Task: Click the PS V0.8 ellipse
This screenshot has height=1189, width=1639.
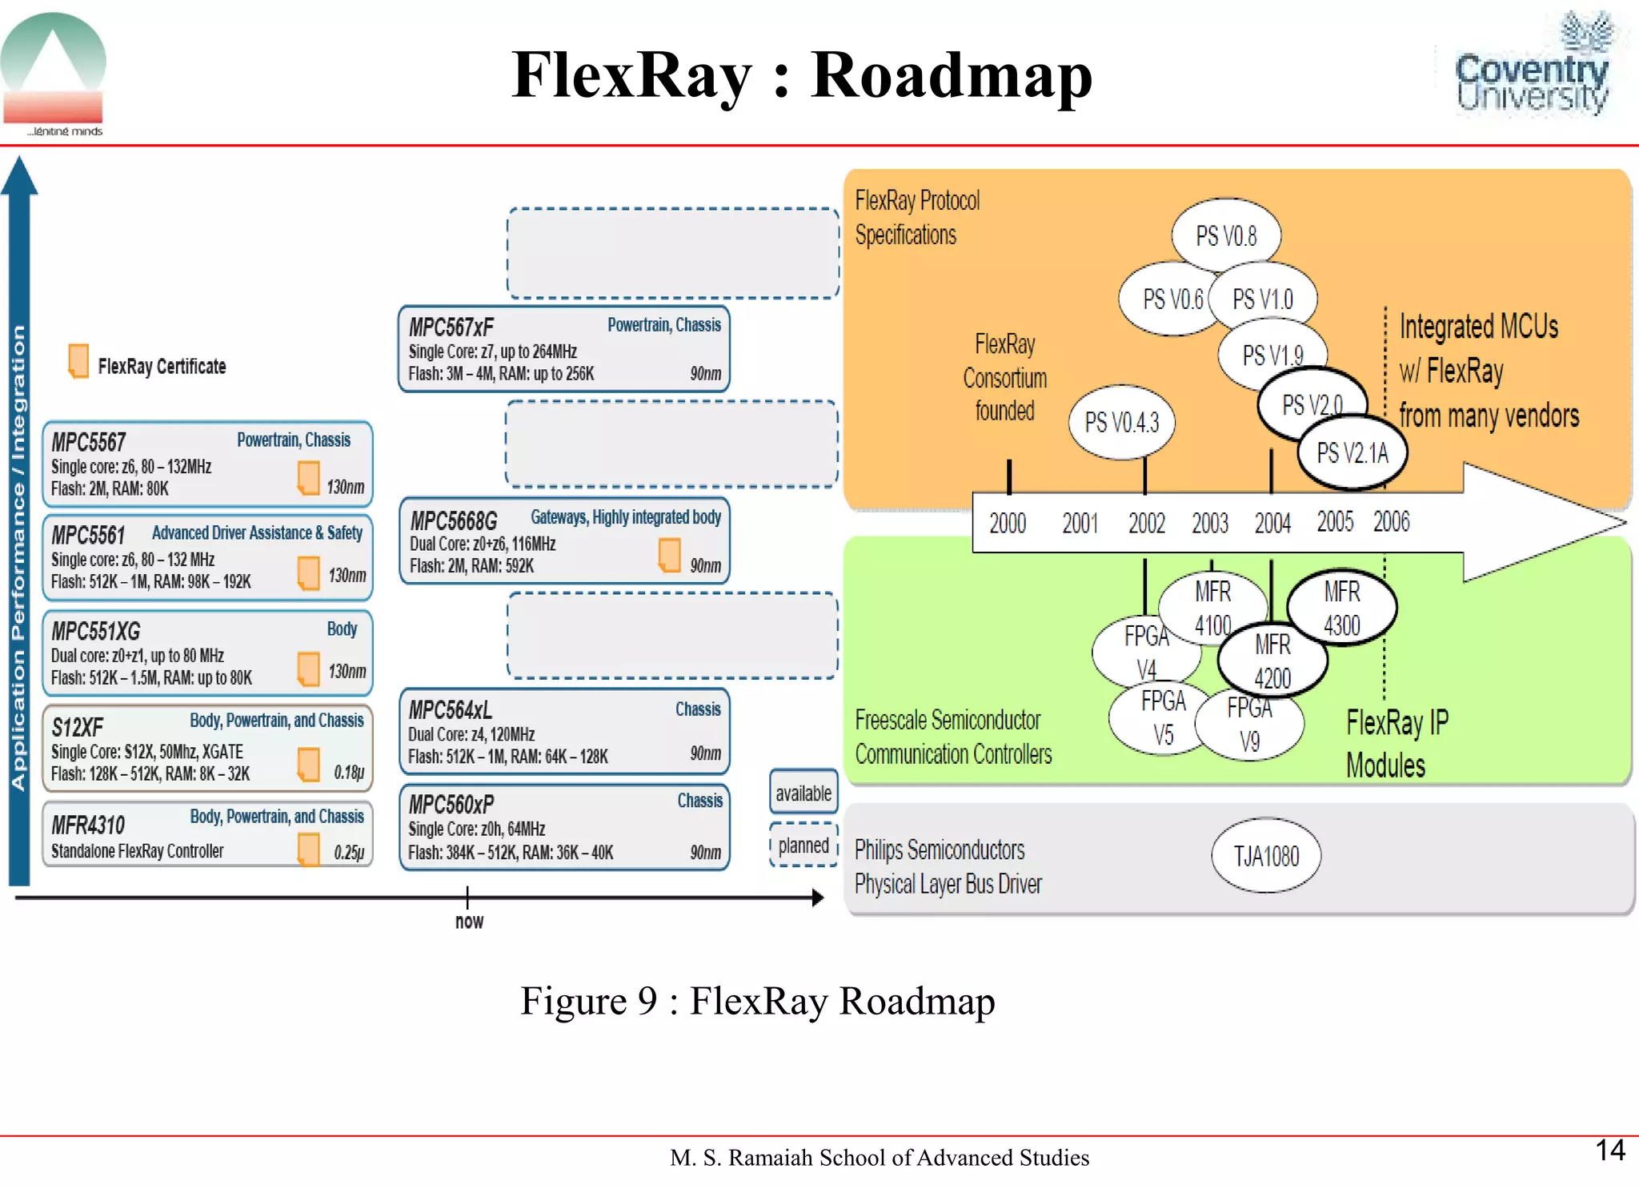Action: coord(1226,235)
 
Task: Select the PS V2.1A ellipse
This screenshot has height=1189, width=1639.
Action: coord(1352,453)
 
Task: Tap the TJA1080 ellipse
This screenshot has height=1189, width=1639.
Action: coord(1266,856)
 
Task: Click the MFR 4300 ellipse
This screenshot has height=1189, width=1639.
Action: coord(1342,608)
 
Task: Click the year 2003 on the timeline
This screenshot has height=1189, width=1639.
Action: coord(1209,524)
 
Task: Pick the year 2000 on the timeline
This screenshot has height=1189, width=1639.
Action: coord(1007,524)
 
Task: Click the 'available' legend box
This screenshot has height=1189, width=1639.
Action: coord(803,793)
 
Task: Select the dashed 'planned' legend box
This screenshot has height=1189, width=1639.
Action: coord(803,846)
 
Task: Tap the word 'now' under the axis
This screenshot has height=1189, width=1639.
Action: coord(469,921)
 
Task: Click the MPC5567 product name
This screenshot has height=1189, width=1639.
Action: coord(89,442)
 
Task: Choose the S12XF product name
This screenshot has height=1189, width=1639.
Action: coord(78,727)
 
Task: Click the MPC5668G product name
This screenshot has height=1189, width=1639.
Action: coord(454,521)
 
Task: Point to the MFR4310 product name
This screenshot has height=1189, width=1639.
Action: coord(88,825)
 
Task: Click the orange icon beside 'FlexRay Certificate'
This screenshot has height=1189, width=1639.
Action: coord(78,361)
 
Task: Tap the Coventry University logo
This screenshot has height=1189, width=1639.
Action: coord(1532,68)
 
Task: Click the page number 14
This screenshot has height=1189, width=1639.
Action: coord(1609,1150)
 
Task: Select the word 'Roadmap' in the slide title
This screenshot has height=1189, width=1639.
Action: coord(951,75)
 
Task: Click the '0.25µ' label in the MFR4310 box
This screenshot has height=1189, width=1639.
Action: coord(349,852)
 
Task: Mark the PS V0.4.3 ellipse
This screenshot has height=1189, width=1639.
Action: coord(1121,422)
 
